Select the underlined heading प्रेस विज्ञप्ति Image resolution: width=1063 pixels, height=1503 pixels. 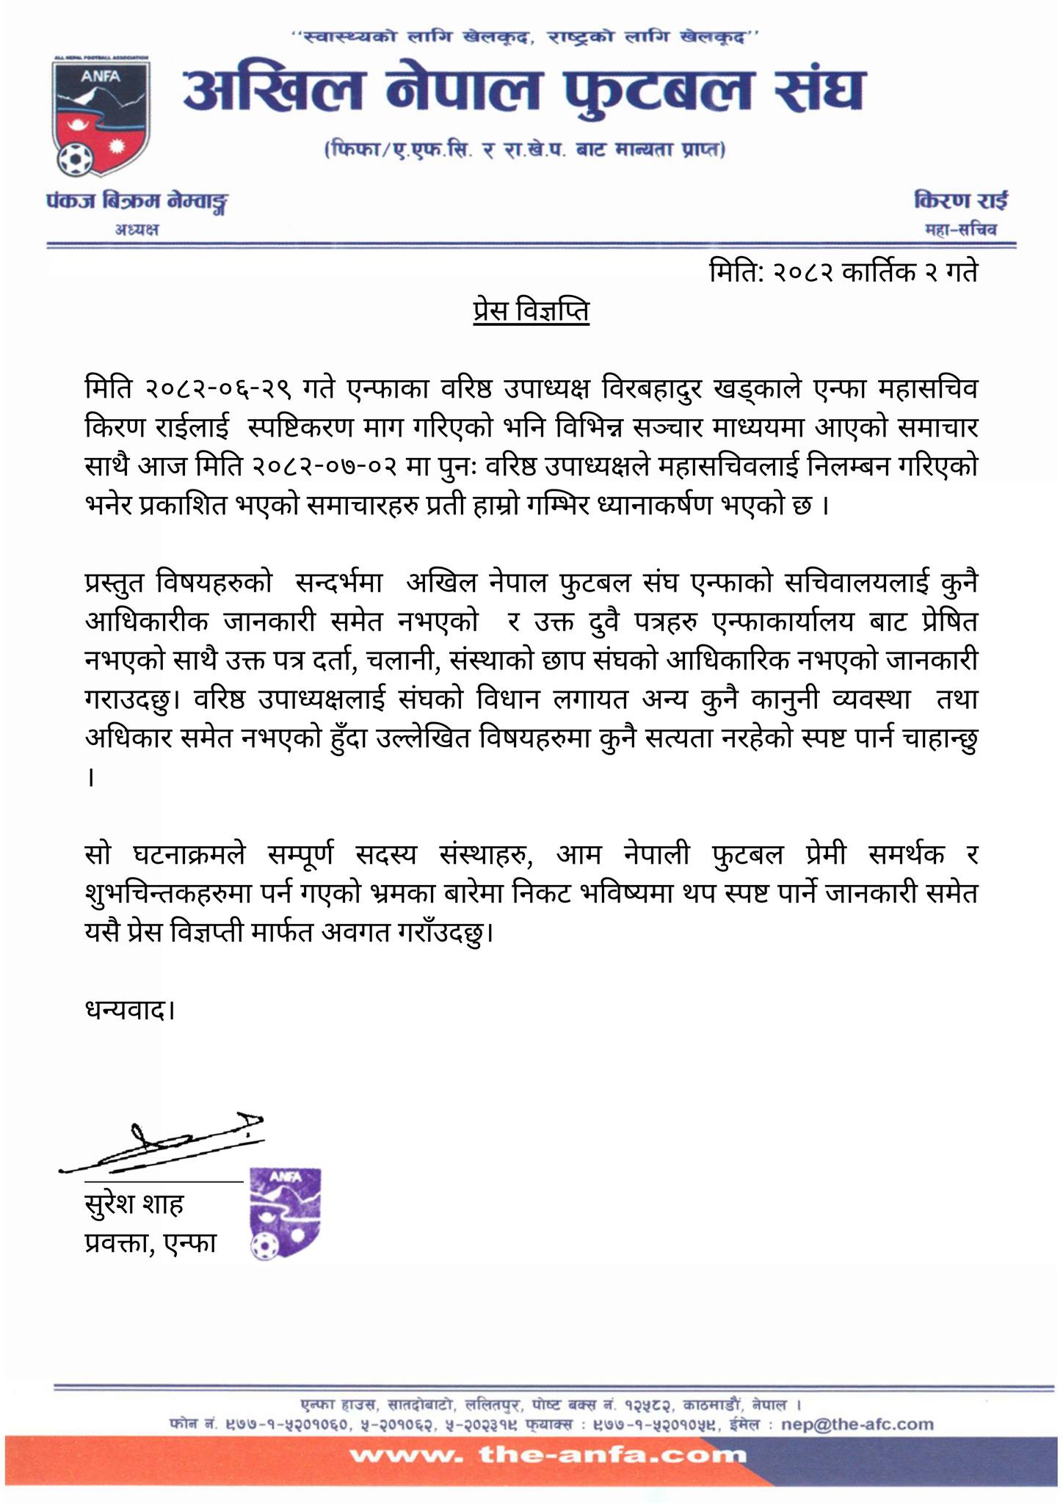click(530, 311)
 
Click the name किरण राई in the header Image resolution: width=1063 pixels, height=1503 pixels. click(961, 200)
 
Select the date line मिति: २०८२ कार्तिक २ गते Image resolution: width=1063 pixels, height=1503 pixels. click(843, 273)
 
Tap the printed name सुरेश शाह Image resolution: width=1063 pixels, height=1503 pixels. click(134, 1204)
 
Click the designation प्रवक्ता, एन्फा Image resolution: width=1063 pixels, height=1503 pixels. click(150, 1242)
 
